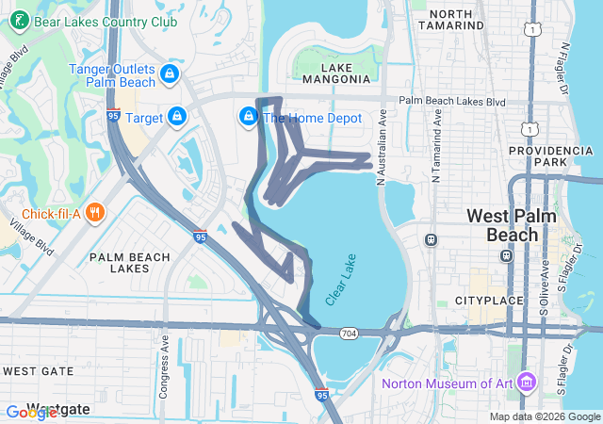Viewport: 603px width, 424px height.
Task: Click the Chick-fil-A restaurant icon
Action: [x=94, y=212]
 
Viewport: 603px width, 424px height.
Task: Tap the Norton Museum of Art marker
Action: [x=526, y=383]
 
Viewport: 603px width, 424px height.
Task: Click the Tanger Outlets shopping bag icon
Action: [x=170, y=72]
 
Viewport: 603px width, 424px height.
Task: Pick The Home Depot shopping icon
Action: [x=248, y=116]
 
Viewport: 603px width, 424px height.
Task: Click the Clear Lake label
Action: [x=341, y=280]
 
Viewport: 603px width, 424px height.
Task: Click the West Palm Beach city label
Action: [x=512, y=226]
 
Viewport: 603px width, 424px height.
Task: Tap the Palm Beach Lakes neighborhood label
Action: [x=130, y=263]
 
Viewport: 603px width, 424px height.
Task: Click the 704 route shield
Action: [x=349, y=334]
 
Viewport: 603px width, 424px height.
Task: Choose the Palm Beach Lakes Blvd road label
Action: [x=452, y=101]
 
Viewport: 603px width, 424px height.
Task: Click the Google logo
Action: [x=31, y=413]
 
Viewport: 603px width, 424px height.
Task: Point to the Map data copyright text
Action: [x=545, y=416]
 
